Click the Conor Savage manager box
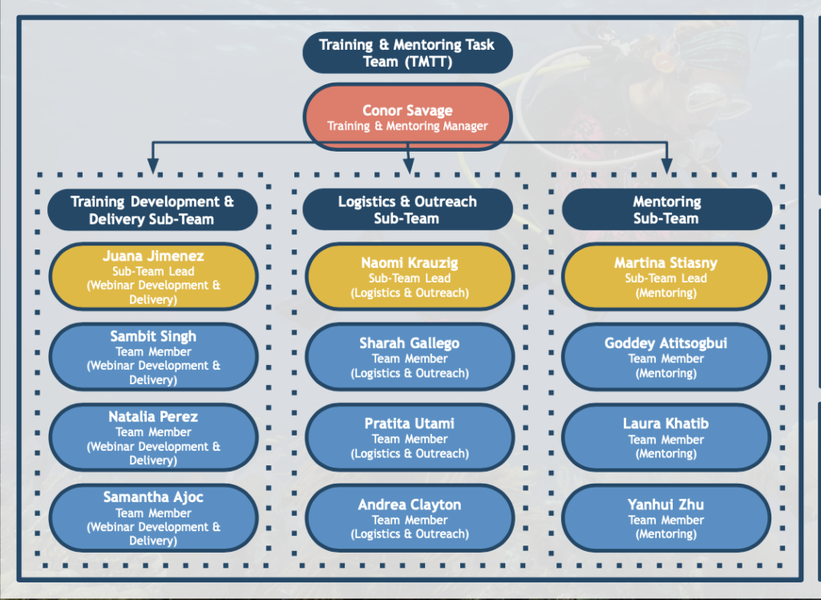pyautogui.click(x=407, y=117)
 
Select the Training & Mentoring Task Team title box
pyautogui.click(x=407, y=53)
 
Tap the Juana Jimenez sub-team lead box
pyautogui.click(x=153, y=277)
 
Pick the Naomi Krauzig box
pyautogui.click(x=410, y=277)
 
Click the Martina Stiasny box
pyautogui.click(x=666, y=277)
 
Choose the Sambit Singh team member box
pyautogui.click(x=153, y=357)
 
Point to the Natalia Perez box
pyautogui.click(x=153, y=437)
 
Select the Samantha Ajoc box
pyautogui.click(x=153, y=517)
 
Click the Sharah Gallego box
pyautogui.click(x=410, y=357)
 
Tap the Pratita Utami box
pyautogui.click(x=410, y=437)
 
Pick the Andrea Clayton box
pyautogui.click(x=410, y=517)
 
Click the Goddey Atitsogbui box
pyautogui.click(x=666, y=357)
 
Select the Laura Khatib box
pyautogui.click(x=666, y=437)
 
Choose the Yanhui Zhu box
pyautogui.click(x=666, y=517)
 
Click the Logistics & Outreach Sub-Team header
pyautogui.click(x=407, y=209)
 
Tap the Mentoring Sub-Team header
pyautogui.click(x=666, y=209)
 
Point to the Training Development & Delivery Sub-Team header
pyautogui.click(x=152, y=209)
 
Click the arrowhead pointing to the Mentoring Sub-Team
pyautogui.click(x=666, y=165)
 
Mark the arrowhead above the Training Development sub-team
pyautogui.click(x=153, y=165)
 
